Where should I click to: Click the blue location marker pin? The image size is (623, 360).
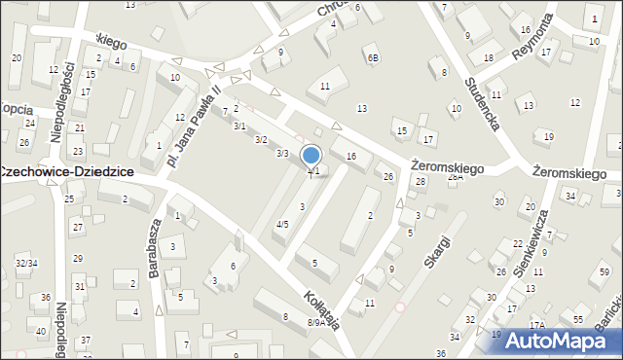[311, 156]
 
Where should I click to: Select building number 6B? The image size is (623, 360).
[372, 57]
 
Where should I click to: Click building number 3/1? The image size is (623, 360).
[239, 126]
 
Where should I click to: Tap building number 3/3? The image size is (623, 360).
[282, 154]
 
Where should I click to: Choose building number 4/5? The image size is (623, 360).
[282, 225]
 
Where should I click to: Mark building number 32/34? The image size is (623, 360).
[26, 264]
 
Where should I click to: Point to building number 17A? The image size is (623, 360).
[536, 326]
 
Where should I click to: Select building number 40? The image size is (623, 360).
[40, 332]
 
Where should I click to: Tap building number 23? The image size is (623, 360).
[78, 151]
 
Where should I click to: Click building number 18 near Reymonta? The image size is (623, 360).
[488, 58]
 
